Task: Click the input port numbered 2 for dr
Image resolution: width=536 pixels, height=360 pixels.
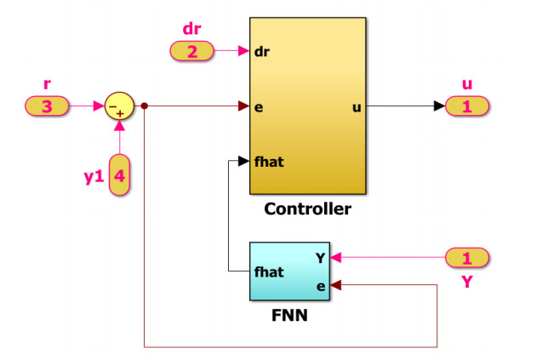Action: click(x=191, y=52)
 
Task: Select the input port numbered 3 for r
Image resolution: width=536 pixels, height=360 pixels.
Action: click(x=48, y=106)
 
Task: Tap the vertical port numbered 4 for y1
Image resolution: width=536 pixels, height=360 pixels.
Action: click(x=120, y=175)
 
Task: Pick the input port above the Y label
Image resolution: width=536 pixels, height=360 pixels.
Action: click(x=466, y=257)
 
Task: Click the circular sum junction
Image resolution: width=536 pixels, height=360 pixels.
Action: click(x=119, y=106)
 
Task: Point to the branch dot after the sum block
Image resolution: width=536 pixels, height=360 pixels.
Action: click(x=145, y=106)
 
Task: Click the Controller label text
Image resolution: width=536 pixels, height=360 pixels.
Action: click(x=307, y=209)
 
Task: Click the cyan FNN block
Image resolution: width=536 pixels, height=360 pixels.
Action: click(x=289, y=271)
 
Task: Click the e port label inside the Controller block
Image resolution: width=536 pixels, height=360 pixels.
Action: click(x=258, y=106)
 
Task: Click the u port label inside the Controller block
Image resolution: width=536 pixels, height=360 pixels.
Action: click(x=356, y=106)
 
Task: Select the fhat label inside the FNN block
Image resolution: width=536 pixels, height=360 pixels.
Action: click(x=269, y=272)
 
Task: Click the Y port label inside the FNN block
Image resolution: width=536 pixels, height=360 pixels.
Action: click(x=321, y=257)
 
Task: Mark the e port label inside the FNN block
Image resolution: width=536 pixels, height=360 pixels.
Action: click(x=321, y=286)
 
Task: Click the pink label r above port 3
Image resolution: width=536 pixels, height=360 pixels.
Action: click(x=47, y=86)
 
